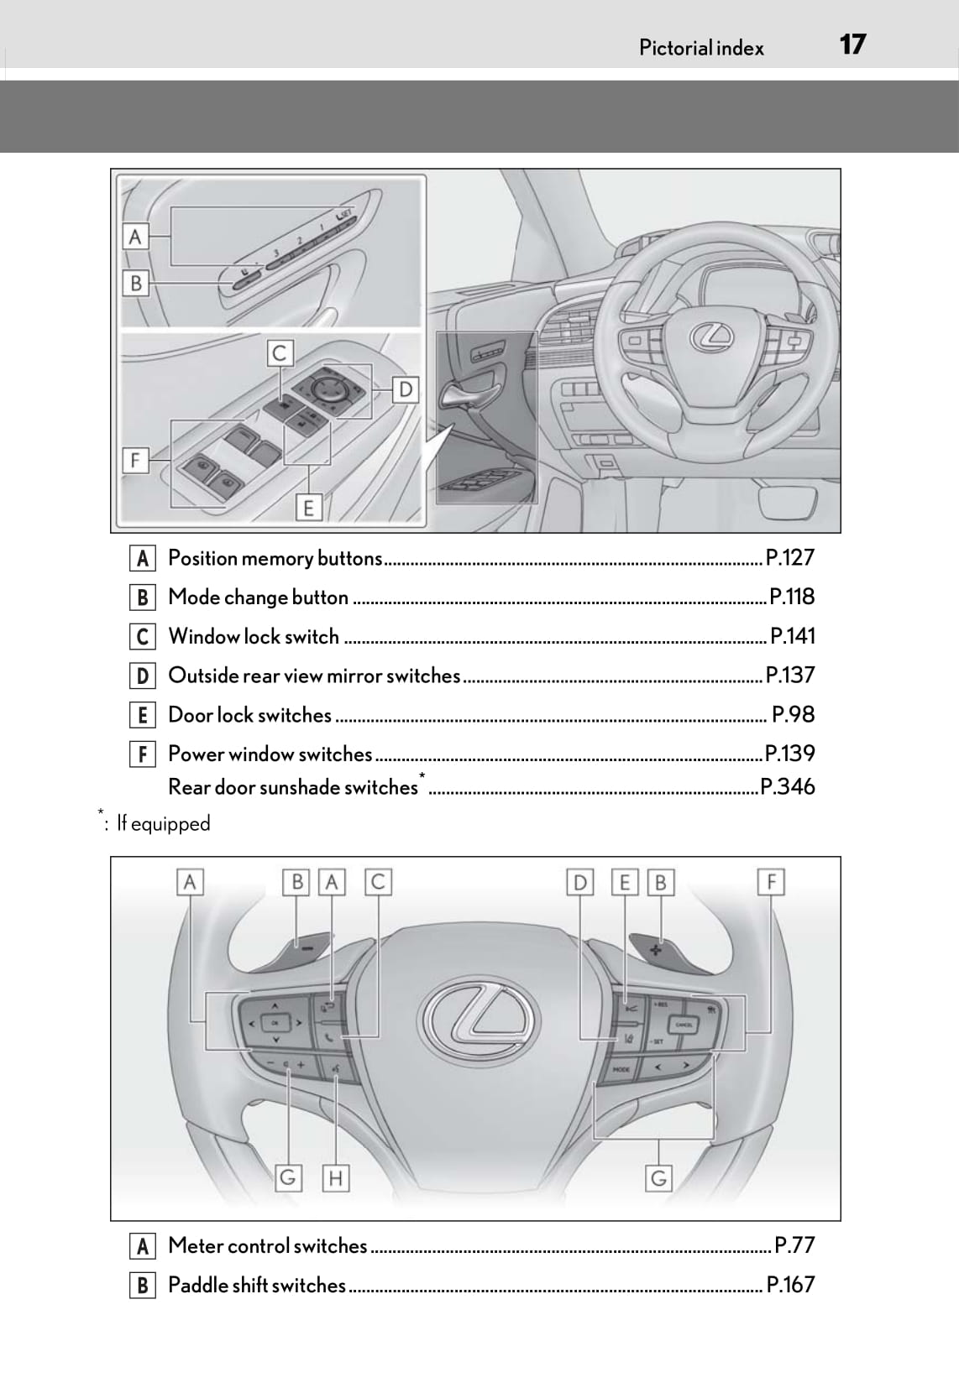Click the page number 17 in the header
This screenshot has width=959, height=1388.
pos(852,44)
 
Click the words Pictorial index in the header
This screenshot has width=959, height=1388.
pos(701,48)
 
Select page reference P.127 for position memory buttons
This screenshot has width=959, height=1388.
pos(790,558)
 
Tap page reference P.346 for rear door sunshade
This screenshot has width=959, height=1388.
pos(787,786)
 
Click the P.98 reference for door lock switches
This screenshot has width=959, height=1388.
pos(793,715)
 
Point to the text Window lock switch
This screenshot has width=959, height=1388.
pos(254,637)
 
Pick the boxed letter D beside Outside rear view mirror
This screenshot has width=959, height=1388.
pos(143,676)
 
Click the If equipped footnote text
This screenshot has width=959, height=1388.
pos(163,823)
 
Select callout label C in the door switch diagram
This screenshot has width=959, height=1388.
pos(280,353)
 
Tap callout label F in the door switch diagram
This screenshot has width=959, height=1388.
pos(135,460)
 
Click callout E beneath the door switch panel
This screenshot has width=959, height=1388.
pos(308,508)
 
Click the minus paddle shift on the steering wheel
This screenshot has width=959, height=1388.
pos(307,947)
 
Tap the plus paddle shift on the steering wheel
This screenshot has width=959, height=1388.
pos(656,948)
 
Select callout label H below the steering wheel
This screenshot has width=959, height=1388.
pos(335,1178)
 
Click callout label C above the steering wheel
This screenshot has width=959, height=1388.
pos(378,882)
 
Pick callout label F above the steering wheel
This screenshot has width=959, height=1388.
pos(770,882)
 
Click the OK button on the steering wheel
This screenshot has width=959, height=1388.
pos(274,1022)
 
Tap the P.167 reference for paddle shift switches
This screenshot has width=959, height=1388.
pos(790,1285)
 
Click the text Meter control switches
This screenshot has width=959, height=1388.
pos(268,1246)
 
